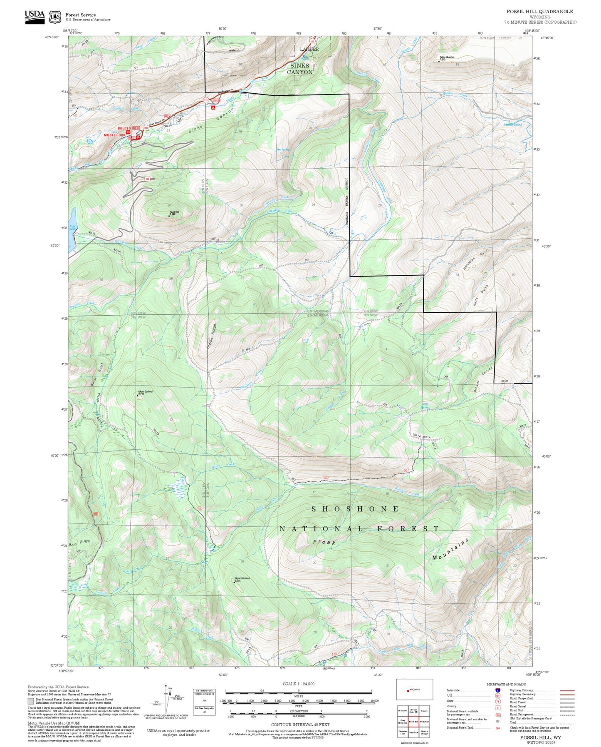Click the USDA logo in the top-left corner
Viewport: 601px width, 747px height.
tap(35, 17)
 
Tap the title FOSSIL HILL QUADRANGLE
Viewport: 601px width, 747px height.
tap(539, 11)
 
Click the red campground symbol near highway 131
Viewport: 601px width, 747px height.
tap(213, 107)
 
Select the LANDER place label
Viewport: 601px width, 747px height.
tap(309, 49)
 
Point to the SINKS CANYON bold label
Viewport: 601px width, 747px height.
tap(299, 69)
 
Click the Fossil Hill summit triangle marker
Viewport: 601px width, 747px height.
tap(169, 215)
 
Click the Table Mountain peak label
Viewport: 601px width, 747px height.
tap(447, 57)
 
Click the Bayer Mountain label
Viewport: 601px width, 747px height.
tap(242, 578)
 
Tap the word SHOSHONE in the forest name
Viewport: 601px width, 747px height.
tap(355, 509)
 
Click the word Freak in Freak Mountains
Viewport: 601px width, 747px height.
tap(324, 542)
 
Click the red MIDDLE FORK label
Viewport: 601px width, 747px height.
tap(114, 135)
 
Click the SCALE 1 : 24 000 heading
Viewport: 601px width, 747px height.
tap(298, 684)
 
